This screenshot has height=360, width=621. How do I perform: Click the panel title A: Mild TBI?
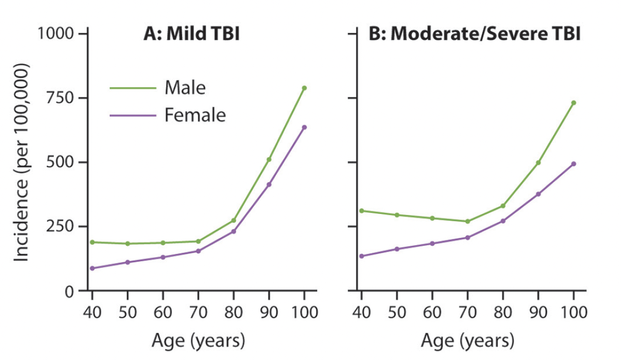(x=191, y=34)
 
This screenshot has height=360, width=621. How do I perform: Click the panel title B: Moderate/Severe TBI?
(x=474, y=34)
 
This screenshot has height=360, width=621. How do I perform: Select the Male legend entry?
(x=185, y=87)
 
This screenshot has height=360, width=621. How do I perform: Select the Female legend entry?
(x=195, y=115)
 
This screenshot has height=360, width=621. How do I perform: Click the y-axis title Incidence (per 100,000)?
(x=22, y=162)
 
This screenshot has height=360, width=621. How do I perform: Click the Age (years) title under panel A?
(x=198, y=341)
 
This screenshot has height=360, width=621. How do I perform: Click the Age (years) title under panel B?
(x=467, y=341)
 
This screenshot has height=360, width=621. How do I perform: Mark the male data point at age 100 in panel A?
(x=304, y=88)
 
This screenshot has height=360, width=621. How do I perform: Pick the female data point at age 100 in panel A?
(x=304, y=127)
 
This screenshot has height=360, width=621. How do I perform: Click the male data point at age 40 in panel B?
(x=362, y=211)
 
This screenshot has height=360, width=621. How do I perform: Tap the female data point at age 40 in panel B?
(x=362, y=256)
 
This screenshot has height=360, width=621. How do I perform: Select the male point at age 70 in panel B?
(x=467, y=221)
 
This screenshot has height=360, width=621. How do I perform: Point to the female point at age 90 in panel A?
(x=269, y=184)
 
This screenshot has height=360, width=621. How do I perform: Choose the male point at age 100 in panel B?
(x=574, y=102)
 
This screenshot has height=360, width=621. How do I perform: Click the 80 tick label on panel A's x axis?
(x=233, y=312)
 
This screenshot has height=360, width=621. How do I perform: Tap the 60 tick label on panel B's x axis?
(x=432, y=312)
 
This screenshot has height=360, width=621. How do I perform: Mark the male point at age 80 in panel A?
(x=233, y=220)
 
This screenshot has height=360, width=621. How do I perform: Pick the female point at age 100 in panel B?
(x=574, y=164)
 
